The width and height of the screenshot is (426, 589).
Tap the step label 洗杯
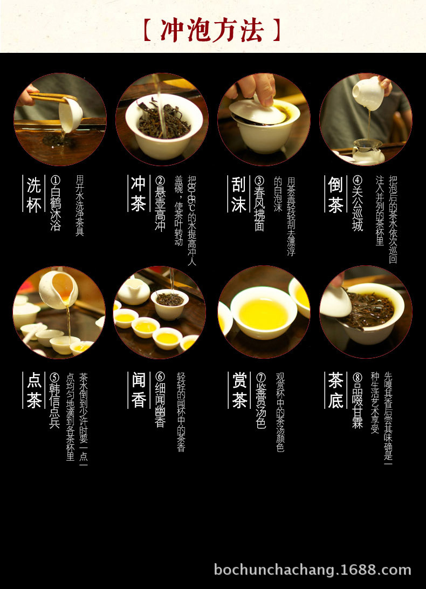tap(34, 195)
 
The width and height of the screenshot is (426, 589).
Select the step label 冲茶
tap(138, 195)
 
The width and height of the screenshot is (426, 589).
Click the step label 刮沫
tap(239, 195)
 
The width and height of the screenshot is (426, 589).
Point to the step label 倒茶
tap(335, 195)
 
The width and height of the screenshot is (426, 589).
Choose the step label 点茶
tap(34, 390)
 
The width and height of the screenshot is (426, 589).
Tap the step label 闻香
tap(138, 390)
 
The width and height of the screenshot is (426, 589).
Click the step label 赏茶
tap(239, 390)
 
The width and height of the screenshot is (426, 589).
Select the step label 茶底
tap(335, 390)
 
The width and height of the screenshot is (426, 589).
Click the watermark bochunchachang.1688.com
tap(312, 570)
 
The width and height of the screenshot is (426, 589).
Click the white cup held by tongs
tap(71, 114)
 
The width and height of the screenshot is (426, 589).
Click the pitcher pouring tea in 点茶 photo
tap(58, 289)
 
